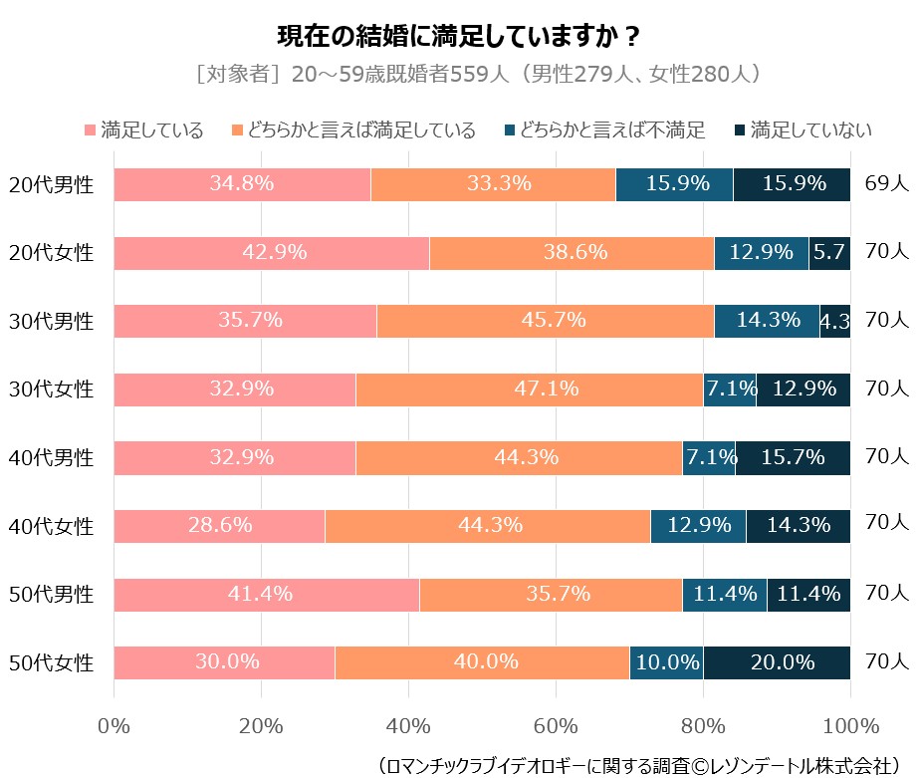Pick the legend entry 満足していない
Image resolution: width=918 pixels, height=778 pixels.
tap(811, 130)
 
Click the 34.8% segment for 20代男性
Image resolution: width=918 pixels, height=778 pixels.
tap(242, 184)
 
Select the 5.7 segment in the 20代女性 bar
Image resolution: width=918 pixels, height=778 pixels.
tap(829, 253)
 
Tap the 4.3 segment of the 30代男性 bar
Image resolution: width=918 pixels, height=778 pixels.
tap(834, 321)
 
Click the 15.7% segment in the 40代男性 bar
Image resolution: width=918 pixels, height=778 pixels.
tap(793, 458)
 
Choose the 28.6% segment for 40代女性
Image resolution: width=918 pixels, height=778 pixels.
tap(219, 525)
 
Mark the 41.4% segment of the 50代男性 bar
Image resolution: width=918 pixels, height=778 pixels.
tap(266, 595)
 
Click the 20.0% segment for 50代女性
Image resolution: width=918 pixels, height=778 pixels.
tap(777, 662)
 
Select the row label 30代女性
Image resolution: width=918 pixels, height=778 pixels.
tap(51, 389)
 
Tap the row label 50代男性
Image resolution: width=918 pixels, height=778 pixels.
tap(51, 595)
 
